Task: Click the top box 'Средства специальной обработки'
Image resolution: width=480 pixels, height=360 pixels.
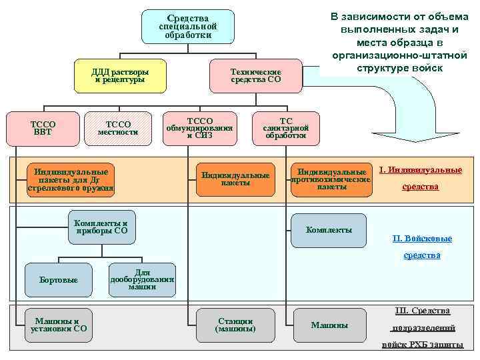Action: tap(188, 27)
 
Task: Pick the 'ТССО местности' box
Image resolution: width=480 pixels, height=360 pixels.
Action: tap(119, 127)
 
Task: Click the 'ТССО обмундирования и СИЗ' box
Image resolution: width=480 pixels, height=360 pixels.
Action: tap(200, 127)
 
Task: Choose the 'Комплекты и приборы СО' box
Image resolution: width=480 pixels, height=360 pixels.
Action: tap(101, 227)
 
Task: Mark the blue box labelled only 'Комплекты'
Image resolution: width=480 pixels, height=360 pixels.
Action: tap(329, 230)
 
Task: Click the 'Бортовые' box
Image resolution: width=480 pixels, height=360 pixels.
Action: tap(59, 280)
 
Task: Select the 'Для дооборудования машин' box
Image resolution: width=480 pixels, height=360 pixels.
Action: tap(143, 279)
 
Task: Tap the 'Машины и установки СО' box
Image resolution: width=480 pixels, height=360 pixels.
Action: tap(59, 325)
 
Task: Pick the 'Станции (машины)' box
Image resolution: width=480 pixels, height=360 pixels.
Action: tap(235, 325)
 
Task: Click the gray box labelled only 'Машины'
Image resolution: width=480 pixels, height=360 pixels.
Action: tap(329, 325)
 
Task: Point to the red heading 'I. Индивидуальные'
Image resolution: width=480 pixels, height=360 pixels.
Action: tap(420, 170)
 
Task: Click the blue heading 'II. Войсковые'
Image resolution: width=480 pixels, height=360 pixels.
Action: tap(422, 239)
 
